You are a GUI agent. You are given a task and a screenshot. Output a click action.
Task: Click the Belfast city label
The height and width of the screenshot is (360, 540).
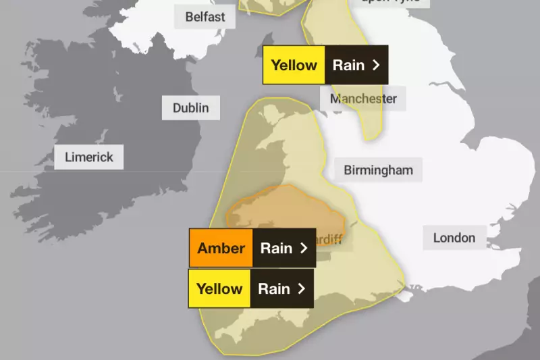point(205,16)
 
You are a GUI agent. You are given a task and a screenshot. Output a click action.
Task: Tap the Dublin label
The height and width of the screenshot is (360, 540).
point(190,107)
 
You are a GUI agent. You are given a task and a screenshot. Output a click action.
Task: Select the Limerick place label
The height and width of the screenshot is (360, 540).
point(89,158)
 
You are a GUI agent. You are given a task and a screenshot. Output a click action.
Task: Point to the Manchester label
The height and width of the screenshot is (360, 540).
point(363,99)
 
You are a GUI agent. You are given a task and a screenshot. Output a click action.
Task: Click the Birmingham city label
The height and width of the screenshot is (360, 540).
point(378,170)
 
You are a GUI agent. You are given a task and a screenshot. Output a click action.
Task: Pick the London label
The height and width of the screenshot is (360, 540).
point(454,237)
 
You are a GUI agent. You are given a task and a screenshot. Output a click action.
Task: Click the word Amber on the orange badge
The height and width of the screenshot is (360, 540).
point(221,248)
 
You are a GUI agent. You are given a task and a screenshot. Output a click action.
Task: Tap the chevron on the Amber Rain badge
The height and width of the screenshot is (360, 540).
point(304,248)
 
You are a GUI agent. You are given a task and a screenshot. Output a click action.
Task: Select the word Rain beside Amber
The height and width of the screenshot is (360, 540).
point(276,248)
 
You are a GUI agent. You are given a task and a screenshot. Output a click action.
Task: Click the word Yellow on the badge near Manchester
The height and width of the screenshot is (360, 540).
point(294,65)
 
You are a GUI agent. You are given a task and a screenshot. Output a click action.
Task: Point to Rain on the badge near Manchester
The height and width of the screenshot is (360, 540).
point(348,65)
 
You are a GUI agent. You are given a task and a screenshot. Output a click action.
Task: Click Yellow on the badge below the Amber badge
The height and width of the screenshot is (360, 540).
point(219,288)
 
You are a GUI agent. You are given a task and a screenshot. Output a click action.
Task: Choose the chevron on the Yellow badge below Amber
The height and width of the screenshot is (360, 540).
point(301,288)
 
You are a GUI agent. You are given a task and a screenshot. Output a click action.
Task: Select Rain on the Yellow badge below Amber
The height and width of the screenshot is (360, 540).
point(274,288)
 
